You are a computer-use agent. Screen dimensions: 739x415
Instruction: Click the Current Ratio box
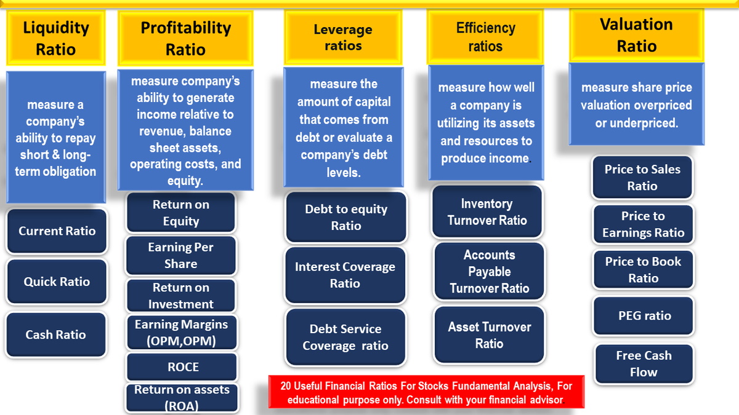coord(57,231)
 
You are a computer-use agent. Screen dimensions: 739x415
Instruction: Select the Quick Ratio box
coord(57,282)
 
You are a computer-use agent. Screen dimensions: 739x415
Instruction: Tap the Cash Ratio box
coord(55,334)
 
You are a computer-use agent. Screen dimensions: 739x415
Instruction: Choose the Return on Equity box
coord(180,213)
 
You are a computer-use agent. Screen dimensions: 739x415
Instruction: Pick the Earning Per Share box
coord(180,255)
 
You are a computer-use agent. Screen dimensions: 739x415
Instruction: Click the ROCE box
coord(182,367)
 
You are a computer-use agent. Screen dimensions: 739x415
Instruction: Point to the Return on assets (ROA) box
coord(182,397)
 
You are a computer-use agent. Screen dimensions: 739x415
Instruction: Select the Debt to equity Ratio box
coord(345,217)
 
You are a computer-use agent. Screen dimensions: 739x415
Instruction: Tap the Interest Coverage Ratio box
coord(345,275)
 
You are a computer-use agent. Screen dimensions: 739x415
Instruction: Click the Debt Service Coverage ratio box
coord(345,337)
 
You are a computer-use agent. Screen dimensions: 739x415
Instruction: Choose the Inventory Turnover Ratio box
coord(487,211)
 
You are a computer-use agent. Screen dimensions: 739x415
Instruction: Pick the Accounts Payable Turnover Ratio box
coord(489,271)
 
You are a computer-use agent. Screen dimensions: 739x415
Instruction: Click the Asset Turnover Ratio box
coord(489,335)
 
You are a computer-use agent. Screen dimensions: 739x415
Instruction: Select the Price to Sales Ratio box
coord(642,178)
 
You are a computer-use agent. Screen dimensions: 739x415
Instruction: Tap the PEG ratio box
coord(644,315)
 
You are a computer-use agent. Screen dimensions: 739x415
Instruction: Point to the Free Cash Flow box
coord(644,363)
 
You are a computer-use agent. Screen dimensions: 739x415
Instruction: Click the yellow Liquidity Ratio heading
coord(55,38)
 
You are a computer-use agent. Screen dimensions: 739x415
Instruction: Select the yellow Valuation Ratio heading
coord(636,35)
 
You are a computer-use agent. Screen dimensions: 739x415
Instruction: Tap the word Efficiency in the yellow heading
coord(485,28)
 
